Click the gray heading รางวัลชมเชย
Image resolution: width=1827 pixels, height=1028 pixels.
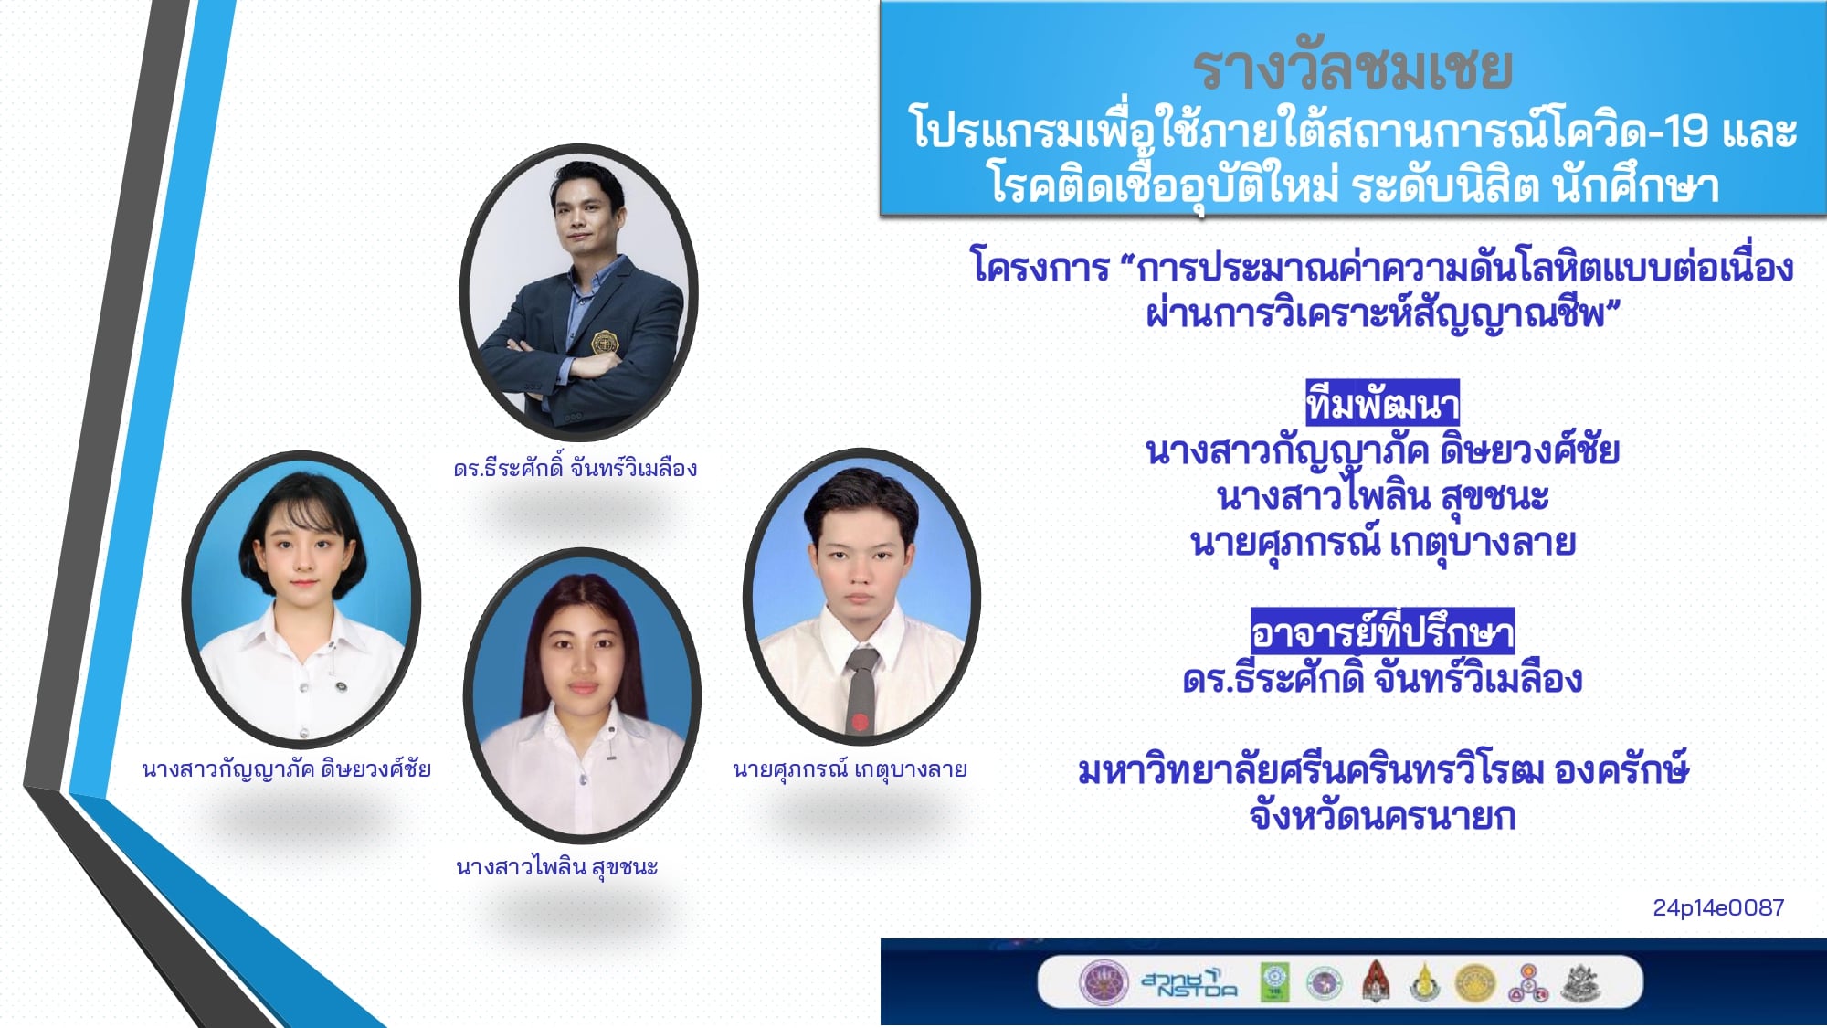(x=1353, y=69)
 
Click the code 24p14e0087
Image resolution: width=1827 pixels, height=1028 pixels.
(x=1718, y=907)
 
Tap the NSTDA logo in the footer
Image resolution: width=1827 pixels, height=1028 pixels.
(x=1189, y=982)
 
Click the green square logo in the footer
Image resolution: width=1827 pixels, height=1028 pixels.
(x=1275, y=982)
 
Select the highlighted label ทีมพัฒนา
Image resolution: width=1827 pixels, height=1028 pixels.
(x=1382, y=403)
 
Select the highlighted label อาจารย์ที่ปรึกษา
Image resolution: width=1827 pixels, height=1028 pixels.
(x=1382, y=631)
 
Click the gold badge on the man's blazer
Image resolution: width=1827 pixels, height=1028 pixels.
(x=605, y=343)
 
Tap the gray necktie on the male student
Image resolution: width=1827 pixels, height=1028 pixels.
(x=861, y=689)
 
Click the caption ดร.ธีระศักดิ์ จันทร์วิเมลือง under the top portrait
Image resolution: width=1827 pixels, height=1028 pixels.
(x=576, y=468)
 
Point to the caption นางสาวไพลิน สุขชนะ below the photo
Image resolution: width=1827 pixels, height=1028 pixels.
(x=556, y=866)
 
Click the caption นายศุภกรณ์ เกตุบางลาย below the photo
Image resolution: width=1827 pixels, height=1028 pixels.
(x=850, y=769)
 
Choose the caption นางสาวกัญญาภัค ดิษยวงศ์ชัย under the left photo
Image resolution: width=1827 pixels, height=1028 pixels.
(x=286, y=768)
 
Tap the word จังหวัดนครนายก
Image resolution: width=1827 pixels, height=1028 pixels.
(x=1382, y=816)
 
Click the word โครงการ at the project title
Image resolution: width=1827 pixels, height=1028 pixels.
(x=1040, y=267)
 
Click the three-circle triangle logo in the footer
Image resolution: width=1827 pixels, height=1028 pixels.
(x=1526, y=983)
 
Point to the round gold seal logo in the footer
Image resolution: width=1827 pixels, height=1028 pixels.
(x=1474, y=983)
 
